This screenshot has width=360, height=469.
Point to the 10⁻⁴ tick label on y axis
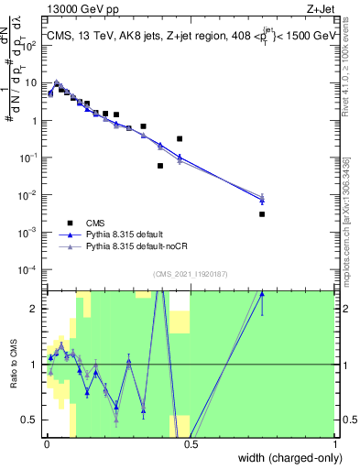tap(32, 269)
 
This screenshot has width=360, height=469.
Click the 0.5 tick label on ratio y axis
tap(34, 420)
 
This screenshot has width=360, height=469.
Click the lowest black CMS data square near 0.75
tap(262, 214)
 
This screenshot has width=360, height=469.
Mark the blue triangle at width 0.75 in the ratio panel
tap(262, 294)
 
